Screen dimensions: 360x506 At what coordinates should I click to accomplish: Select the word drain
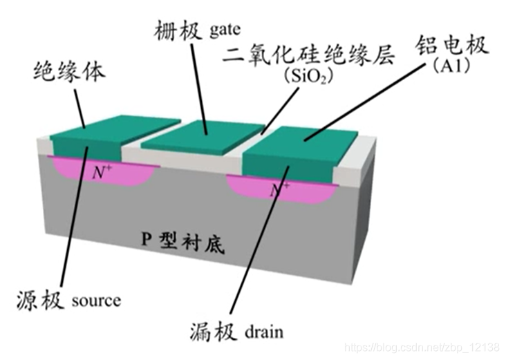[263, 332]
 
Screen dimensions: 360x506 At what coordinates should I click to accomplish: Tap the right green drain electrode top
[304, 142]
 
